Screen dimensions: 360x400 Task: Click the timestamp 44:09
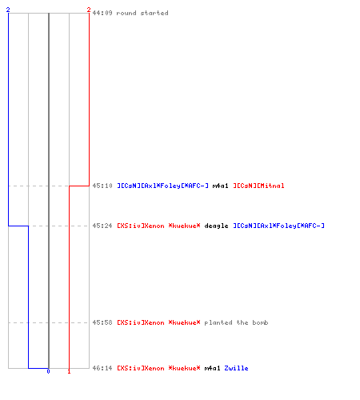(102, 13)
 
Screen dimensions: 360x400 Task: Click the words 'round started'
(142, 13)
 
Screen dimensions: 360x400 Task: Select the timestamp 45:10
(102, 186)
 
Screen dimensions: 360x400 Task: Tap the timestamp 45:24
(102, 226)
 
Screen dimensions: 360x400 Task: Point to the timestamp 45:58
(102, 322)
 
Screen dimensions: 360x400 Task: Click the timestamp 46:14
(102, 368)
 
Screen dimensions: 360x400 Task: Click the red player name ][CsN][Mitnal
(258, 186)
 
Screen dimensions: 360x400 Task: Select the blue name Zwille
(236, 368)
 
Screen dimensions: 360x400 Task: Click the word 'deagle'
(216, 226)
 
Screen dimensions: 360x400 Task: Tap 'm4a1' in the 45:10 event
(220, 186)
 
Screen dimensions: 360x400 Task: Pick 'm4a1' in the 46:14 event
(212, 368)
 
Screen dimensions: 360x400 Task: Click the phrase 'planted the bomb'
(236, 322)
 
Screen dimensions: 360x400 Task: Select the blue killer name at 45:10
(162, 186)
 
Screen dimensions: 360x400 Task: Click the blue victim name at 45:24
(278, 226)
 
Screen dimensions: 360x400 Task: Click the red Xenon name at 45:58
(158, 322)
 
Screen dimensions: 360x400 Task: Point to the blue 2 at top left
(8, 10)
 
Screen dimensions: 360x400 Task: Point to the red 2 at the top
(89, 10)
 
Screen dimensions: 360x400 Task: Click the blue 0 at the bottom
(48, 371)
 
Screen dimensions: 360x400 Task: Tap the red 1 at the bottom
(69, 371)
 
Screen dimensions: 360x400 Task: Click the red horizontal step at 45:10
(79, 186)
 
